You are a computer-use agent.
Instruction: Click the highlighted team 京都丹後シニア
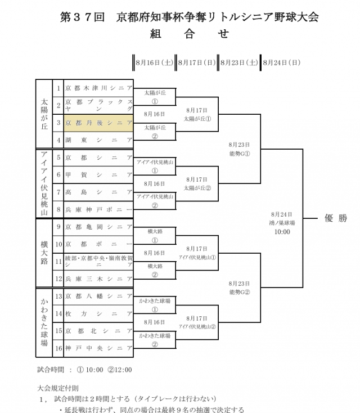tap(98, 123)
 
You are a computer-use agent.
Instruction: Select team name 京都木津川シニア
tap(98, 88)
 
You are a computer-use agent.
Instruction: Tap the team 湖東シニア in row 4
tap(98, 140)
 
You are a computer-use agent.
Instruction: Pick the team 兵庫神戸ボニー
tap(98, 209)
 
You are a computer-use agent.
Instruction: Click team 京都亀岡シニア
tap(98, 227)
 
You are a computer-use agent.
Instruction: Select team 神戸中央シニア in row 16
tap(98, 348)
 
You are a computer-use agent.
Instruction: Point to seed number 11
tap(58, 262)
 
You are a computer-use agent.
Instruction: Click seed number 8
tap(58, 209)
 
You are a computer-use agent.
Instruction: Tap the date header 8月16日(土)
tap(154, 62)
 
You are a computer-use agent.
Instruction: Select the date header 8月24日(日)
tap(281, 62)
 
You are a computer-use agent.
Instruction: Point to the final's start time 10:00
tap(282, 231)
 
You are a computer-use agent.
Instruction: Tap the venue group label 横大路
tap(44, 253)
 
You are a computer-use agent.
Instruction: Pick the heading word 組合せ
tap(189, 34)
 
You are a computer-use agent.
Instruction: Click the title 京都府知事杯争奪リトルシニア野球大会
tap(217, 17)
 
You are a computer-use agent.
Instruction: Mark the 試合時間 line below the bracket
tap(84, 370)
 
